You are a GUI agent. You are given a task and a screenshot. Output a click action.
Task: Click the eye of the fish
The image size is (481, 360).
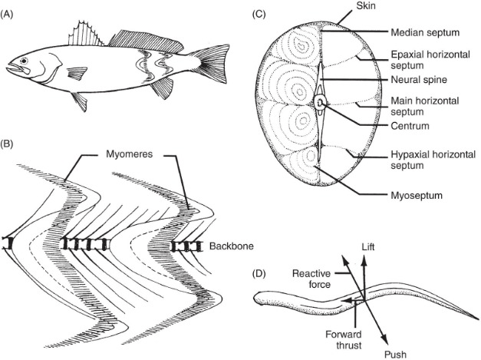pos(24,61)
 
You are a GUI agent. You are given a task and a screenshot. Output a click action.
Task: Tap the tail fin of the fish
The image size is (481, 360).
pos(213,64)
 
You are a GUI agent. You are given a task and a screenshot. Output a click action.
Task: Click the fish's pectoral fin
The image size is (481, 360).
pos(77,74)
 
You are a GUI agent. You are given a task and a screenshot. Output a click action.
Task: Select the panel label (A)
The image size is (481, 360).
pos(7,15)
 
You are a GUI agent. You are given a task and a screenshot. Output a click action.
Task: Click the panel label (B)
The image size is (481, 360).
pos(7,144)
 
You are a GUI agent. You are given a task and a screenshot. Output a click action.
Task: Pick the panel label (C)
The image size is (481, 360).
pos(259,15)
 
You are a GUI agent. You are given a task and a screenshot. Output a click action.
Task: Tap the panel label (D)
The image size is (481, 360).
pos(259,274)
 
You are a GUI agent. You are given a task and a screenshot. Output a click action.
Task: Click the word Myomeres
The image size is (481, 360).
pos(129,154)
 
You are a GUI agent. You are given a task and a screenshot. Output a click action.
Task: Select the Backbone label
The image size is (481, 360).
pos(232,246)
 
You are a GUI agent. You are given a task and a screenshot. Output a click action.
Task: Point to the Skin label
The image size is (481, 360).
pos(366,5)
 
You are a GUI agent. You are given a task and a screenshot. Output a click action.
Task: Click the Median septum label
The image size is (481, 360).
pos(425,32)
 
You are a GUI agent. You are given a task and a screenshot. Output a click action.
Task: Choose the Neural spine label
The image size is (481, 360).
pos(419,80)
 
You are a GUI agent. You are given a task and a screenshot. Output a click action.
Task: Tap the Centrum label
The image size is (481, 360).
pos(410,126)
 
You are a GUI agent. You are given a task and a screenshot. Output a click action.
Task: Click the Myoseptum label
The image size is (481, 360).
pos(417,196)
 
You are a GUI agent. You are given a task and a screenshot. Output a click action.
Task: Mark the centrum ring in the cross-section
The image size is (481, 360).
pos(320,102)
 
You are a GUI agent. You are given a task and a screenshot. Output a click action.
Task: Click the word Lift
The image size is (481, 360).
pos(367,247)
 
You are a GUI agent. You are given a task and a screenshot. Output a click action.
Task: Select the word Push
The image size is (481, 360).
pos(395,355)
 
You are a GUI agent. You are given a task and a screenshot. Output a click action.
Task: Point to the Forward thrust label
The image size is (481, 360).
pos(344,339)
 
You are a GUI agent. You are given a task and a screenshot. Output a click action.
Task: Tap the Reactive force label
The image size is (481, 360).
pos(311,279)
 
